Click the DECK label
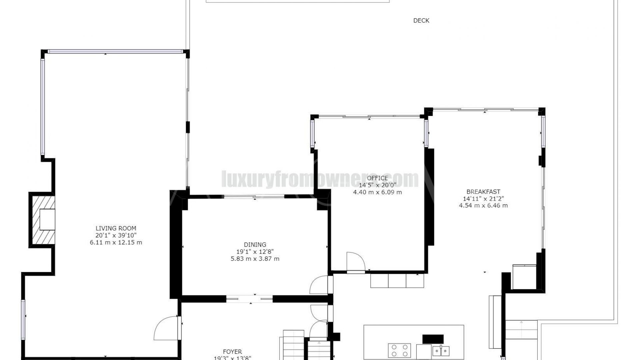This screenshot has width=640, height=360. [421, 21]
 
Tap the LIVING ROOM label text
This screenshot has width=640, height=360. [116, 228]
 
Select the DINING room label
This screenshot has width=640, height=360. [255, 245]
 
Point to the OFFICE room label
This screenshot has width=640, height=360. [377, 178]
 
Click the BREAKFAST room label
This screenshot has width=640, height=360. [483, 192]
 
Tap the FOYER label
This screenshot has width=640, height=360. [232, 352]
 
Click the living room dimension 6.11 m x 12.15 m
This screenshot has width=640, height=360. [116, 242]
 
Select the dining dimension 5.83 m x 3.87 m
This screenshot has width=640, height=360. [255, 259]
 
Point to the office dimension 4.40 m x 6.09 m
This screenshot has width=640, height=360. [377, 192]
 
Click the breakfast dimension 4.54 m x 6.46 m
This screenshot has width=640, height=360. [483, 206]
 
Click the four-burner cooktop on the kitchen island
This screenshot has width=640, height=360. [399, 350]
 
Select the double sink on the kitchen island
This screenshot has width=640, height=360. [441, 351]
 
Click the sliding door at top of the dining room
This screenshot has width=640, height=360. [254, 197]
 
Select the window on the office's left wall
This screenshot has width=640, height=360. [312, 133]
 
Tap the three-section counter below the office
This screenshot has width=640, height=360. [397, 280]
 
